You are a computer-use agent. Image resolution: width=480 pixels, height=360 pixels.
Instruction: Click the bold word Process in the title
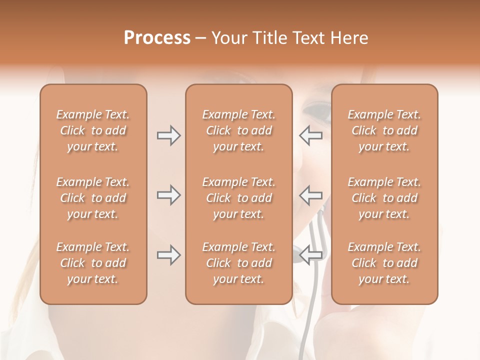coord(157,38)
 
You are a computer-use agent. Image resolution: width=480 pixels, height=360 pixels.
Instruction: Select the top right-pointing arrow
coord(168,135)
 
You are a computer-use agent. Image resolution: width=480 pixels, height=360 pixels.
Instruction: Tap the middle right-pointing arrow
coord(168,195)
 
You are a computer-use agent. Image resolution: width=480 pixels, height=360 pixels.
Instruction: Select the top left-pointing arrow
coord(310,135)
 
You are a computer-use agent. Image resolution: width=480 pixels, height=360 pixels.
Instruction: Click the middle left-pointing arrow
coord(310,195)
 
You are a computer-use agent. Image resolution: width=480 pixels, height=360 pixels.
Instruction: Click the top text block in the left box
coord(93,130)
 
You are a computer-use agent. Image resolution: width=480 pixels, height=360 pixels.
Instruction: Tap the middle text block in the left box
coord(93,198)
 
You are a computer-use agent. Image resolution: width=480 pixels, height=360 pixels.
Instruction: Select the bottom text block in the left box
coord(93,263)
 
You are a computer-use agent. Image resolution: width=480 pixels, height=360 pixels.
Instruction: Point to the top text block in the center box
coord(239,130)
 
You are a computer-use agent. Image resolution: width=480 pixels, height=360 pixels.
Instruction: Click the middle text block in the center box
coord(239,198)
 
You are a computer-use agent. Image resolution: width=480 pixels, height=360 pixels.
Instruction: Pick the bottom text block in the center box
coord(239,263)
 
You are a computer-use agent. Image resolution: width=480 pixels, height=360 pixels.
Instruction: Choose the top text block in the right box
coord(384,130)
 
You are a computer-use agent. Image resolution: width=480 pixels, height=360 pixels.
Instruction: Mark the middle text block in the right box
coord(384,198)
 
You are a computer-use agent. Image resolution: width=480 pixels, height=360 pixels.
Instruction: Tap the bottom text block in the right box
coord(384,263)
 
